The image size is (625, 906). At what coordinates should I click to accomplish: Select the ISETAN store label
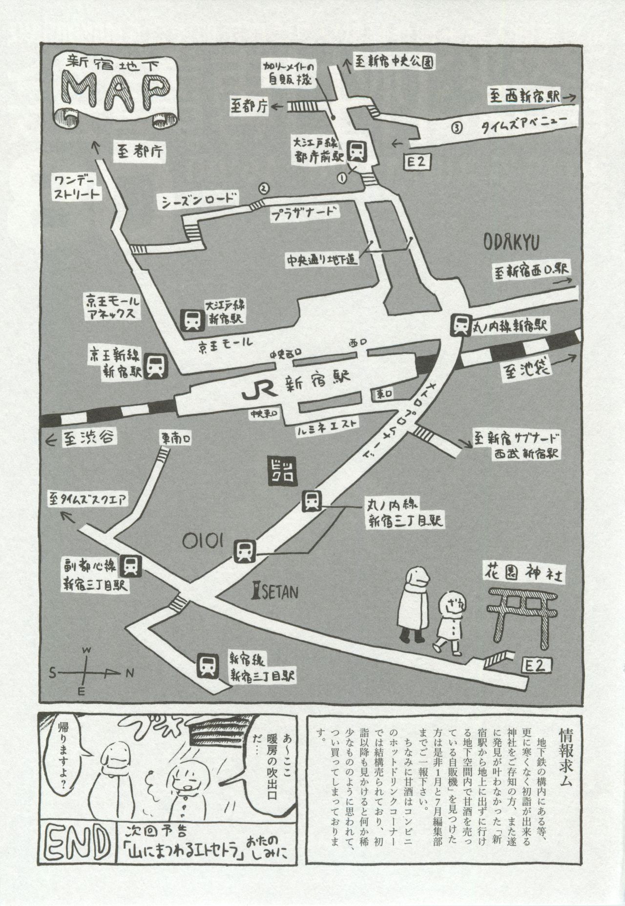point(274,592)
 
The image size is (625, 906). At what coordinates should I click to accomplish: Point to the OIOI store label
point(204,541)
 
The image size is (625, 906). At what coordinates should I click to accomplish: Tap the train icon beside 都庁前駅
point(357,151)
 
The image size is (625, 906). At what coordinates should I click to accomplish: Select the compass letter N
point(130,674)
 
